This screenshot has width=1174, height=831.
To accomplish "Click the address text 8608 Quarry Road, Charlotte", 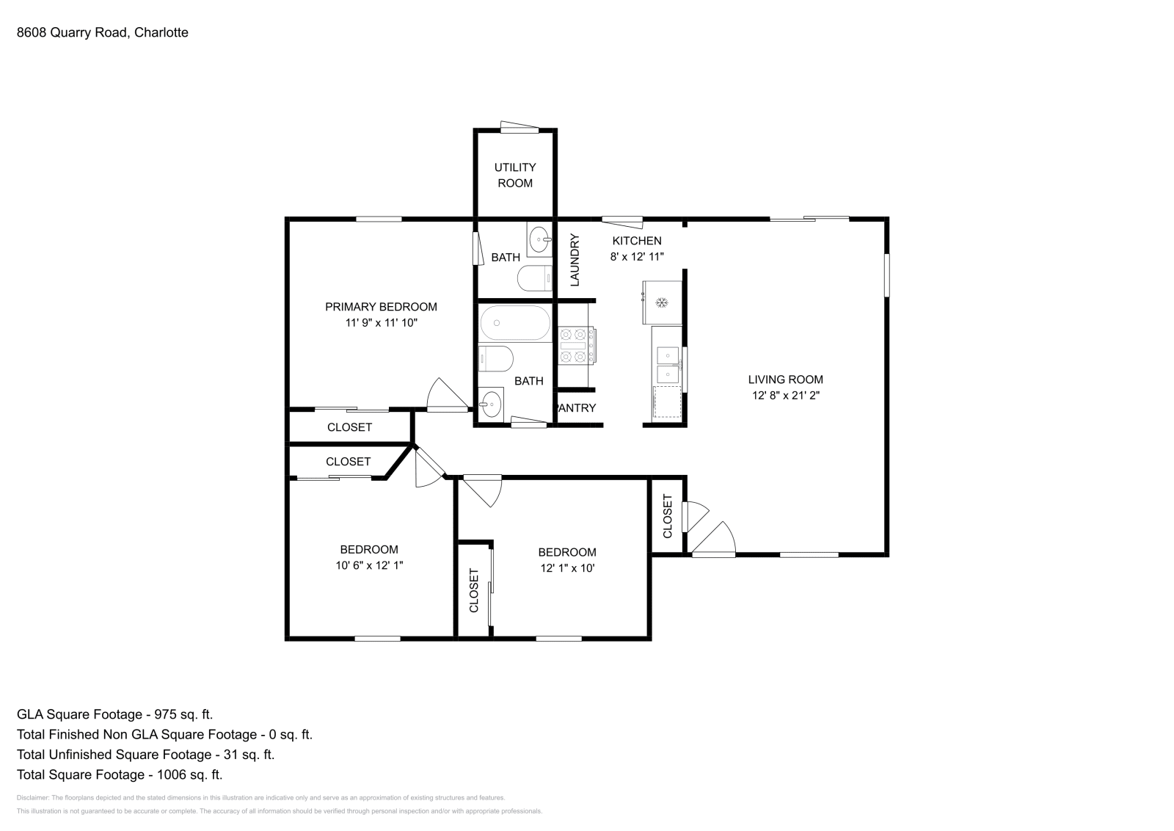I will coord(103,32).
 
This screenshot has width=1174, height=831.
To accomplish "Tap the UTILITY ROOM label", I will coord(514,175).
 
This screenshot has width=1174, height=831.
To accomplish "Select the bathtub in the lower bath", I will coord(514,323).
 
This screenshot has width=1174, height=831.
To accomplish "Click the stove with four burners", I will coord(576,346).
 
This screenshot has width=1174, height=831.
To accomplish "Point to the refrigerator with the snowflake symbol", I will coord(662,302).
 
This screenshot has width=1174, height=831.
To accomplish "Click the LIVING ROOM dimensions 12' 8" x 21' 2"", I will coord(785,395).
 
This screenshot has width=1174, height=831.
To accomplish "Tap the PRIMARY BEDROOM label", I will coord(381,307).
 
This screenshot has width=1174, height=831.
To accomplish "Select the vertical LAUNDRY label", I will coord(575,260).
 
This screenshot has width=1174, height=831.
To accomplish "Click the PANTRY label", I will coord(577,408).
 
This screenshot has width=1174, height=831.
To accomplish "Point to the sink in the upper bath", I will coord(540,239).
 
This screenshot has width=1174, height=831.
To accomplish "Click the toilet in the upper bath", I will coord(534,279).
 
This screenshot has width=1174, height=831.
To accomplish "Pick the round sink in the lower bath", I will coord(491,403).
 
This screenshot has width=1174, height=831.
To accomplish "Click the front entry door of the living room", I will coord(714,540).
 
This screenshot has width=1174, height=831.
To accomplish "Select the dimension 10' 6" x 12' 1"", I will coord(369,565).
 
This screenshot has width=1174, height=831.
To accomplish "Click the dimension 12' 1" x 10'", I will coord(566,567).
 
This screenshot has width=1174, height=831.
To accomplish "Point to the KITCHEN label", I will coord(637,241).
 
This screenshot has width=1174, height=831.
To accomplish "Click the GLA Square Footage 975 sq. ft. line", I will coord(114,714).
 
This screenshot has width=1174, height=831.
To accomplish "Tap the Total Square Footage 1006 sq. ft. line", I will coord(119,774).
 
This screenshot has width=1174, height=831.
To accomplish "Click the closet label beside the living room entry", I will coord(668,516).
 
